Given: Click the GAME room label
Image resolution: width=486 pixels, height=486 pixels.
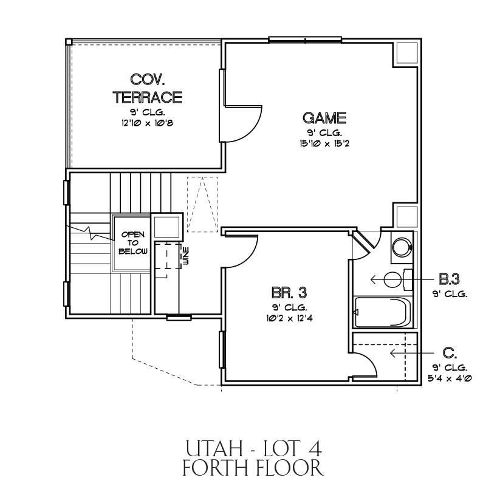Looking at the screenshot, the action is coord(324,118).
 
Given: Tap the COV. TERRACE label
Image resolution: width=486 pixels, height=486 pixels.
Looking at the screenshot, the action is coord(147,88).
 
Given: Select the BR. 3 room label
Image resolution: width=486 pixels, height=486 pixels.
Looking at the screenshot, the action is coord(289,292).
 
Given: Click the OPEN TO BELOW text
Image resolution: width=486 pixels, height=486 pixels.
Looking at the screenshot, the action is coord(133,242).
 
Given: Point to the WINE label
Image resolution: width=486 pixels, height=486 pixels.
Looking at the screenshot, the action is coord(187,256).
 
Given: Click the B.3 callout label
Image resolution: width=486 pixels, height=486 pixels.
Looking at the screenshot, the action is coord(449,279).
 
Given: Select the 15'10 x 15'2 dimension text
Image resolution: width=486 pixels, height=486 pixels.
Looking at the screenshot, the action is coord(324,143).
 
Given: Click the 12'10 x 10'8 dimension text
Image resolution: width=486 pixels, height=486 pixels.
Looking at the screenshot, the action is coord(147,123).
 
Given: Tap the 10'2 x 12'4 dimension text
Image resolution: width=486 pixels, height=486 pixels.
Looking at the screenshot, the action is coord(289,318).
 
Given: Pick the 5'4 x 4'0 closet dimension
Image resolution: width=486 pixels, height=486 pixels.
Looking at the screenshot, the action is coord(450,378).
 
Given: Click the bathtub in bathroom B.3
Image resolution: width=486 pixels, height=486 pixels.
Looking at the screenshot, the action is coord(383,312).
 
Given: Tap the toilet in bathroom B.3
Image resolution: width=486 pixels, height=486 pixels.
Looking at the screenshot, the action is coord(398,279).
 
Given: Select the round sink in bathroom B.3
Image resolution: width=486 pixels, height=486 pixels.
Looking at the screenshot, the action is coord(402,247).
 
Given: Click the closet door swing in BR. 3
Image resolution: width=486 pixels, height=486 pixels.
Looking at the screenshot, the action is coord(371,361).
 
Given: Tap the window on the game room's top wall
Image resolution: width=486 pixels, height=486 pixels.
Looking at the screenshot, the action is coord(305,39).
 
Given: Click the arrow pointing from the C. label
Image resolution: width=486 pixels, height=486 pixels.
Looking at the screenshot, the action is coord(412,353).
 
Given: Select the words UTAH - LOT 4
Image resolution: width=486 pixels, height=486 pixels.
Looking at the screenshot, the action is coord(253,449).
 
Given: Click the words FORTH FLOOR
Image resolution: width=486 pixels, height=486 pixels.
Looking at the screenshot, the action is coord(253,468).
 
